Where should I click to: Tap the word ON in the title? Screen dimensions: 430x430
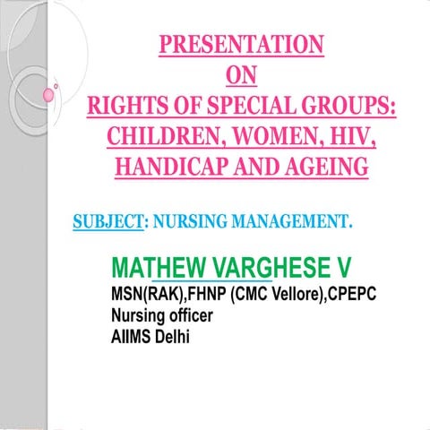pyautogui.click(x=243, y=75)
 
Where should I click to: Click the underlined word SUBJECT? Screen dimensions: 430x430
pyautogui.click(x=108, y=220)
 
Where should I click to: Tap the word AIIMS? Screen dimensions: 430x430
pyautogui.click(x=131, y=337)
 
